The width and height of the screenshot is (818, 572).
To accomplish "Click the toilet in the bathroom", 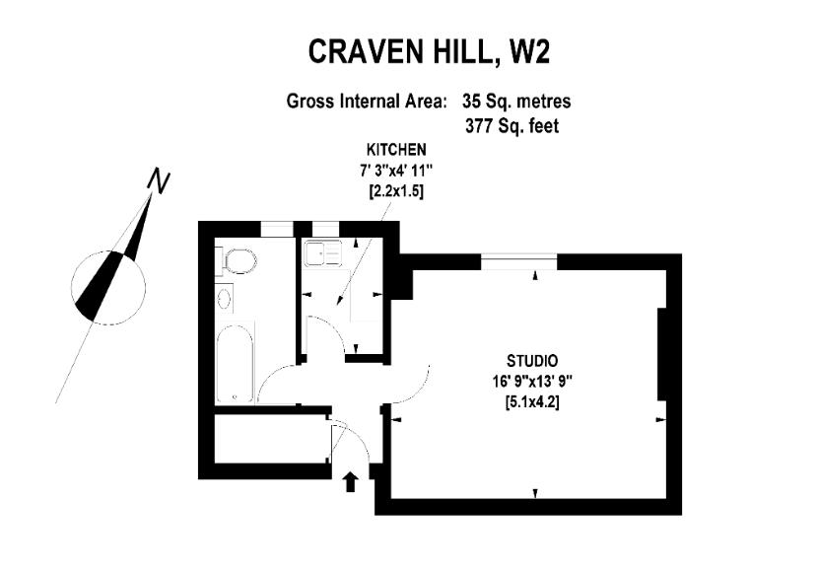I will tap(239, 261).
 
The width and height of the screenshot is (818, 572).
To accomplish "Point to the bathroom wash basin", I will tap(224, 298).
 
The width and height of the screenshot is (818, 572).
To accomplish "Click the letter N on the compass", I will tap(158, 181).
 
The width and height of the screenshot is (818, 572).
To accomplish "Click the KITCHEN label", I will tap(396, 150).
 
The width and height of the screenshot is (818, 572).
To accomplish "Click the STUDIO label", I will tap(533, 360).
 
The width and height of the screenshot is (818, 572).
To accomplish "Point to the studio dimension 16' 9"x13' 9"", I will tap(533, 381).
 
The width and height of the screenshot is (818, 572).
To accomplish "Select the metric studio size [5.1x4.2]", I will tap(533, 401).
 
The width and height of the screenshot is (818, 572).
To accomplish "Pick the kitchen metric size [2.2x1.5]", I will tap(396, 191).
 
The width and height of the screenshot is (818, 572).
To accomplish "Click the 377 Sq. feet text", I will tap(511, 125).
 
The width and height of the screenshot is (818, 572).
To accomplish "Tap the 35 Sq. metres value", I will tap(516, 101).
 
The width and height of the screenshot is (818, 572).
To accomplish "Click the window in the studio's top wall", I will tap(520, 260).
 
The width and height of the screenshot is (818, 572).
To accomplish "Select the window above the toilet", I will tap(279, 229).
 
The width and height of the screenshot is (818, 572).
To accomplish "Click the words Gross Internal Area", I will tap(367, 101).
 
